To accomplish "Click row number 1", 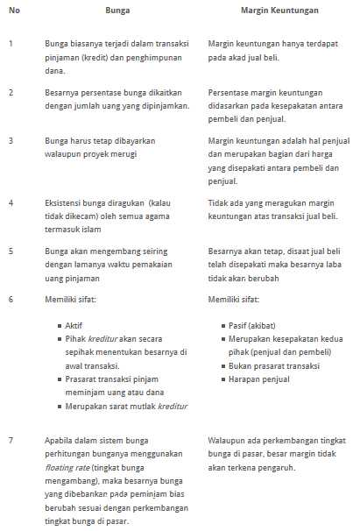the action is click(11, 43).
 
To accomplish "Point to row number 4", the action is click(11, 202).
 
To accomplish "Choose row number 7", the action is click(11, 439).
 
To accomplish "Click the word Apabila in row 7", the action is click(60, 439).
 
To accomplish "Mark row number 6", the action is click(11, 299).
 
